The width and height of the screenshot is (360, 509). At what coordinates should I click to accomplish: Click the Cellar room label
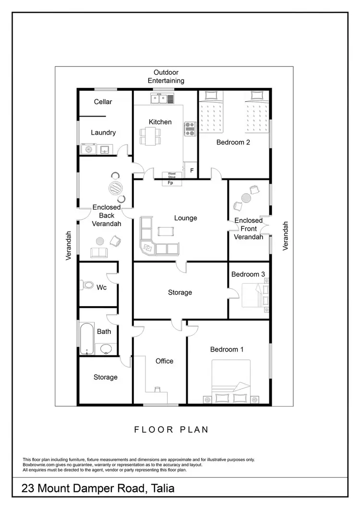coord(103,102)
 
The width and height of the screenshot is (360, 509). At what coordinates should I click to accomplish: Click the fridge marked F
coord(192,170)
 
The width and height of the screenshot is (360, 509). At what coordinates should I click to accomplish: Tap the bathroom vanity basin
coord(106,348)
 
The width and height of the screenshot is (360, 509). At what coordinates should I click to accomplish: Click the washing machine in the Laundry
coord(88,149)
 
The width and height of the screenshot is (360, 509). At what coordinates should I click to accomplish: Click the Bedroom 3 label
coord(248,274)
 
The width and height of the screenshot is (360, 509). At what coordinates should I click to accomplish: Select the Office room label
coord(164,361)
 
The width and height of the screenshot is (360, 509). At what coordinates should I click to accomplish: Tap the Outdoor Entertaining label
coord(166,76)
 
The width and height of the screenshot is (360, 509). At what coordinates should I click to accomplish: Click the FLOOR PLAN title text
coord(171,429)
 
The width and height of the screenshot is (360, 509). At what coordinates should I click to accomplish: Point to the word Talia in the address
coord(162,489)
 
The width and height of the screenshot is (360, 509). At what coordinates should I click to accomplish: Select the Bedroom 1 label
coord(227,349)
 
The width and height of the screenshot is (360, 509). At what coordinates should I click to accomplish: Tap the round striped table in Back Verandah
coord(115,187)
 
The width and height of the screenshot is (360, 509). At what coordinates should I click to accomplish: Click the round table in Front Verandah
coord(246,197)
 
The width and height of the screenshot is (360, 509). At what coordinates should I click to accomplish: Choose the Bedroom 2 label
coord(233,142)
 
